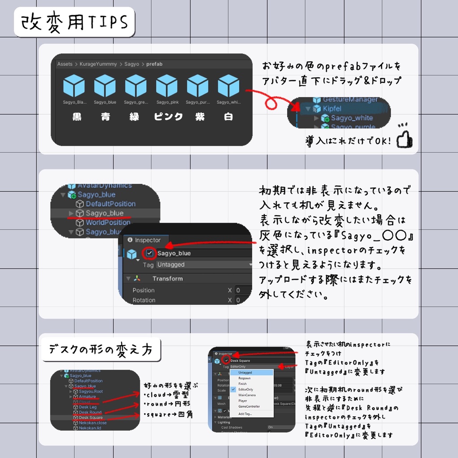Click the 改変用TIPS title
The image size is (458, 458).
74,21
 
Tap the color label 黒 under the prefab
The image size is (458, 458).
77,117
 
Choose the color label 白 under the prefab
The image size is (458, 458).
228,117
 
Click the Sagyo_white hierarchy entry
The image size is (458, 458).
352,118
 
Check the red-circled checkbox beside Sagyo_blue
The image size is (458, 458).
150,253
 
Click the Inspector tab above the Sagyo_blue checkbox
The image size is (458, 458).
144,240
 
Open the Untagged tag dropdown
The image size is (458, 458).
204,265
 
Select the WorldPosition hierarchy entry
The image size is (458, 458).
108,222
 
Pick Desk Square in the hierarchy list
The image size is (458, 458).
91,418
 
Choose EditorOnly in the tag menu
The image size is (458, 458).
246,390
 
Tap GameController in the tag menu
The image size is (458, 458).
249,407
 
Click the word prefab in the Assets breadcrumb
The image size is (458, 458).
154,64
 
